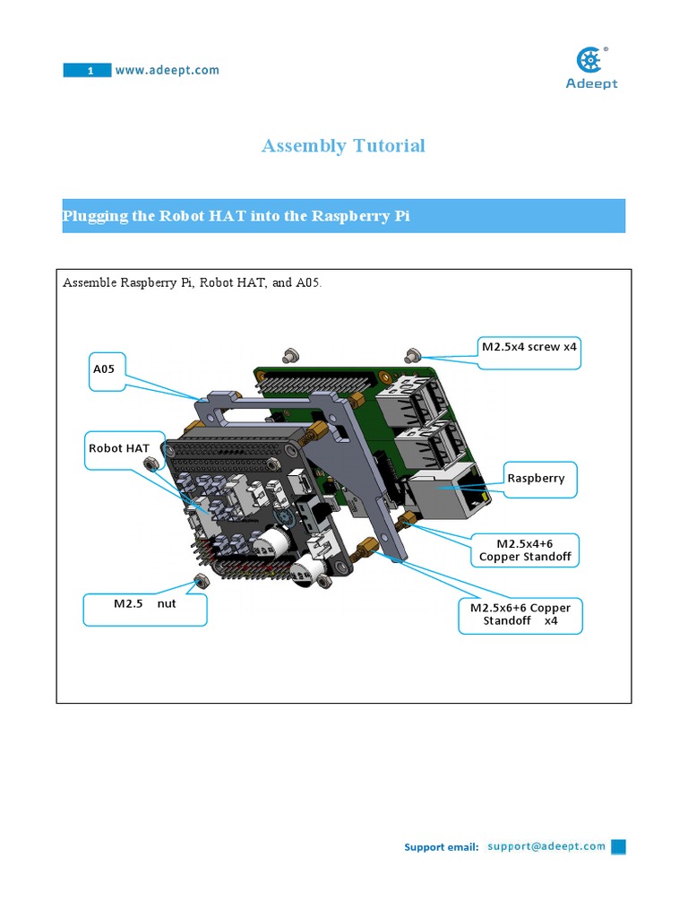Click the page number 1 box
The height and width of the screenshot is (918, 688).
click(x=87, y=71)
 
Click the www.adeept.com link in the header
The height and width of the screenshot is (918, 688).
click(x=167, y=70)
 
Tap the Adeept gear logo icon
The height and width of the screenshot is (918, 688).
click(x=590, y=61)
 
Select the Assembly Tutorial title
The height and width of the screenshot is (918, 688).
click(x=343, y=145)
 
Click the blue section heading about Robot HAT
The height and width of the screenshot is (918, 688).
click(x=236, y=216)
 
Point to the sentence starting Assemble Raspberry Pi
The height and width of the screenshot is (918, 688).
click(x=192, y=283)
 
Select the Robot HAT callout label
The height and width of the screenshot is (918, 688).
click(x=118, y=449)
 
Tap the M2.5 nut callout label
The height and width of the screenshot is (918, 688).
click(x=144, y=604)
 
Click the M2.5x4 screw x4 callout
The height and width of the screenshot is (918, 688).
click(x=529, y=348)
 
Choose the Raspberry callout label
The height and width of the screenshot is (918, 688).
click(x=536, y=479)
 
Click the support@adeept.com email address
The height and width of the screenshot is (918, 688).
click(x=546, y=846)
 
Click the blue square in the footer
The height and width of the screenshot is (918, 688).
click(x=618, y=846)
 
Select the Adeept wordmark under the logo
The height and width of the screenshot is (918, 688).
click(x=591, y=84)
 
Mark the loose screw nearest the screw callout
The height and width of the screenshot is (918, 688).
click(x=413, y=353)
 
